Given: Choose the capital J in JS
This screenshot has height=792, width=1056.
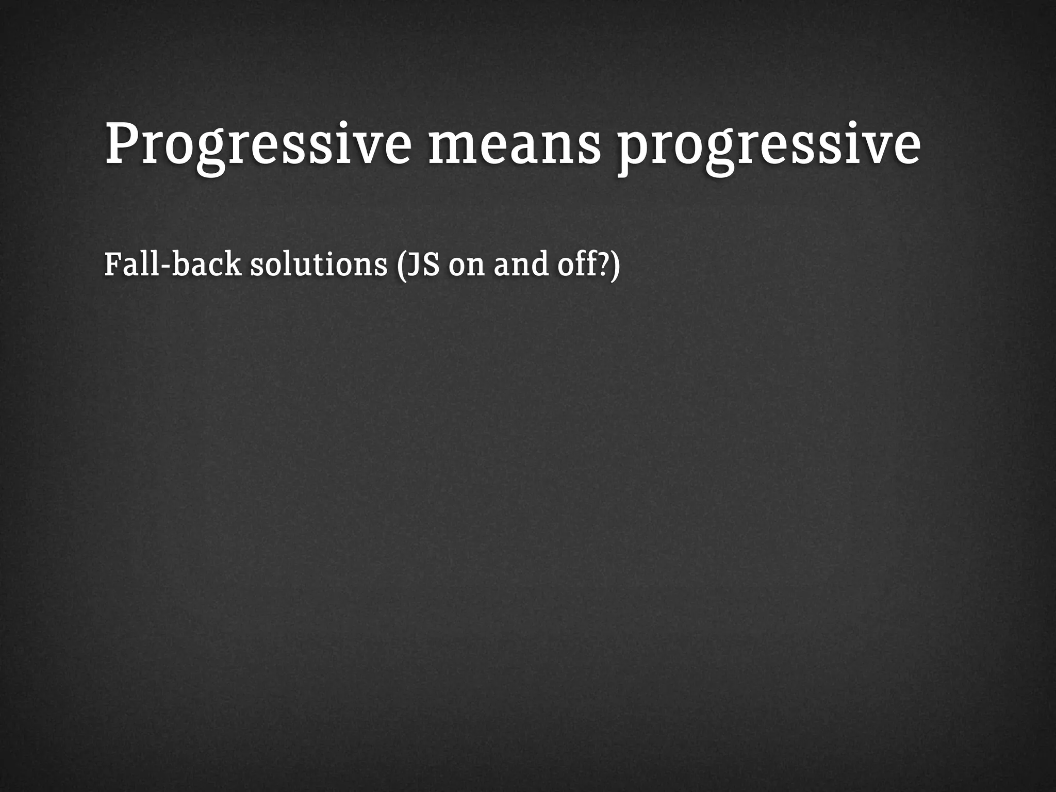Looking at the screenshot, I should [412, 265].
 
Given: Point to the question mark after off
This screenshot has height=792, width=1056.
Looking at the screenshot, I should [602, 264].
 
